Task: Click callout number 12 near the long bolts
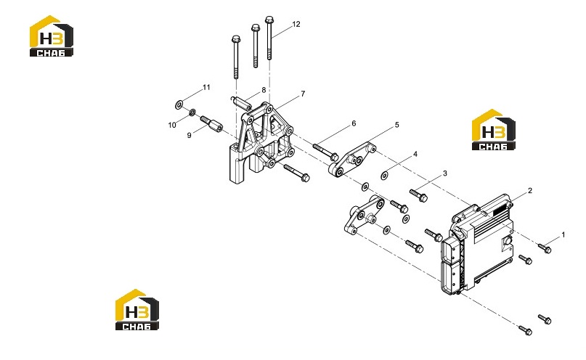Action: [x=296, y=24]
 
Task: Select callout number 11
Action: [x=206, y=87]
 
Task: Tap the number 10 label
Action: [x=172, y=125]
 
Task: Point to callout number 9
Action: [x=189, y=135]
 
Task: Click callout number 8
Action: [x=264, y=90]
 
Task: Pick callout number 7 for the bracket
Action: [x=303, y=94]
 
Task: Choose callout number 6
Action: [x=354, y=123]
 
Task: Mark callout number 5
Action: [x=397, y=125]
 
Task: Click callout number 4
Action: [x=415, y=154]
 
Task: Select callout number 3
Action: [x=444, y=173]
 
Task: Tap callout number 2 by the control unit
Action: [x=530, y=191]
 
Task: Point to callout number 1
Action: [x=563, y=235]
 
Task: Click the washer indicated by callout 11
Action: [x=179, y=105]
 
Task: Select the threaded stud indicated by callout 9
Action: [x=211, y=124]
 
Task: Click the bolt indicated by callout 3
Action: [x=418, y=195]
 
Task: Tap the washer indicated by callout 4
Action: [x=385, y=175]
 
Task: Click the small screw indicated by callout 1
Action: [x=545, y=248]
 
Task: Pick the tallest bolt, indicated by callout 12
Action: [x=269, y=38]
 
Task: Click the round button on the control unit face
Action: [x=508, y=241]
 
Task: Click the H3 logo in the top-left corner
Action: [x=52, y=36]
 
